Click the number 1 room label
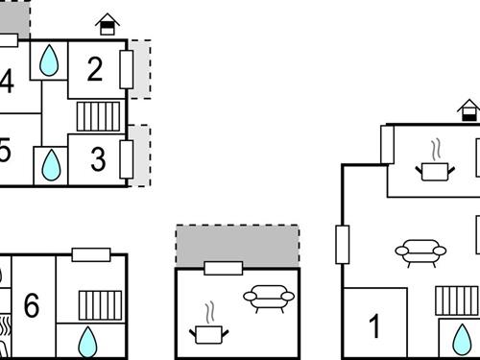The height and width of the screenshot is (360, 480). pyautogui.click(x=374, y=326)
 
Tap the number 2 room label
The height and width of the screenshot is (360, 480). pyautogui.click(x=94, y=68)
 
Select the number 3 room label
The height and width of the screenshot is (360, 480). pyautogui.click(x=98, y=159)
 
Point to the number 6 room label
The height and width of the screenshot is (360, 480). pyautogui.click(x=32, y=306)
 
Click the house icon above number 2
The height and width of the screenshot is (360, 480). pyautogui.click(x=108, y=22)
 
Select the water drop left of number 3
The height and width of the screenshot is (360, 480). pyautogui.click(x=51, y=165)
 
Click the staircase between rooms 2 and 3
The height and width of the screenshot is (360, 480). pyautogui.click(x=96, y=117)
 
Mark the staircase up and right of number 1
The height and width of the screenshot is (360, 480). pyautogui.click(x=456, y=300)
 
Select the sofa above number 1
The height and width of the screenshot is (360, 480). pyautogui.click(x=420, y=252)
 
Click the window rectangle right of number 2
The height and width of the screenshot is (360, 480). pyautogui.click(x=126, y=69)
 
